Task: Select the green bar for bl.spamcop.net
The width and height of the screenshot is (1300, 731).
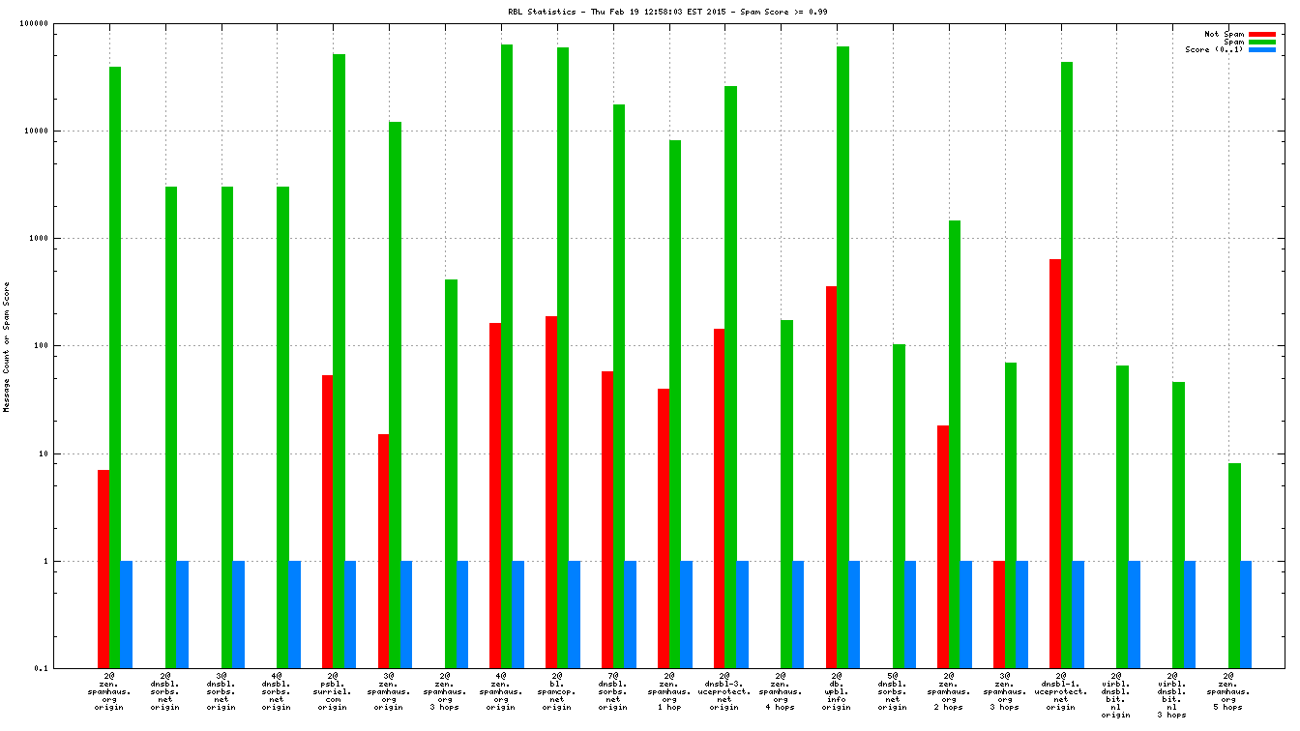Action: pos(563,358)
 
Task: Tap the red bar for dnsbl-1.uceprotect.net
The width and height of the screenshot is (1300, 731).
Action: pos(1055,463)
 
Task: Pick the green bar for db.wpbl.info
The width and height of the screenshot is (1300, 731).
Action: pos(842,358)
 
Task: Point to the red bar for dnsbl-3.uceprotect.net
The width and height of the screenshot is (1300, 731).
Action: pos(719,498)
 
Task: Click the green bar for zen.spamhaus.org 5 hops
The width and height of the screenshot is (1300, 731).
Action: pos(1235,566)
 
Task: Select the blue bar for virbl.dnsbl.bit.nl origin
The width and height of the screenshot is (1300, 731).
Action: pos(1134,614)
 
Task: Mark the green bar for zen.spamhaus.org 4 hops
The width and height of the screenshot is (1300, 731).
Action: pos(786,494)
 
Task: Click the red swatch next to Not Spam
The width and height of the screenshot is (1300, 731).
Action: pos(1262,34)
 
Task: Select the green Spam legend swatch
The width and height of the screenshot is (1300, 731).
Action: pos(1262,42)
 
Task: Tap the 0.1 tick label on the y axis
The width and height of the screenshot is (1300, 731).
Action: pos(69,668)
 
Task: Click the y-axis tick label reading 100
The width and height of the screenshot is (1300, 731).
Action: pos(67,346)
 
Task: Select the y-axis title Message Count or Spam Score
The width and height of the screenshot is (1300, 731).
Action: pos(7,347)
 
